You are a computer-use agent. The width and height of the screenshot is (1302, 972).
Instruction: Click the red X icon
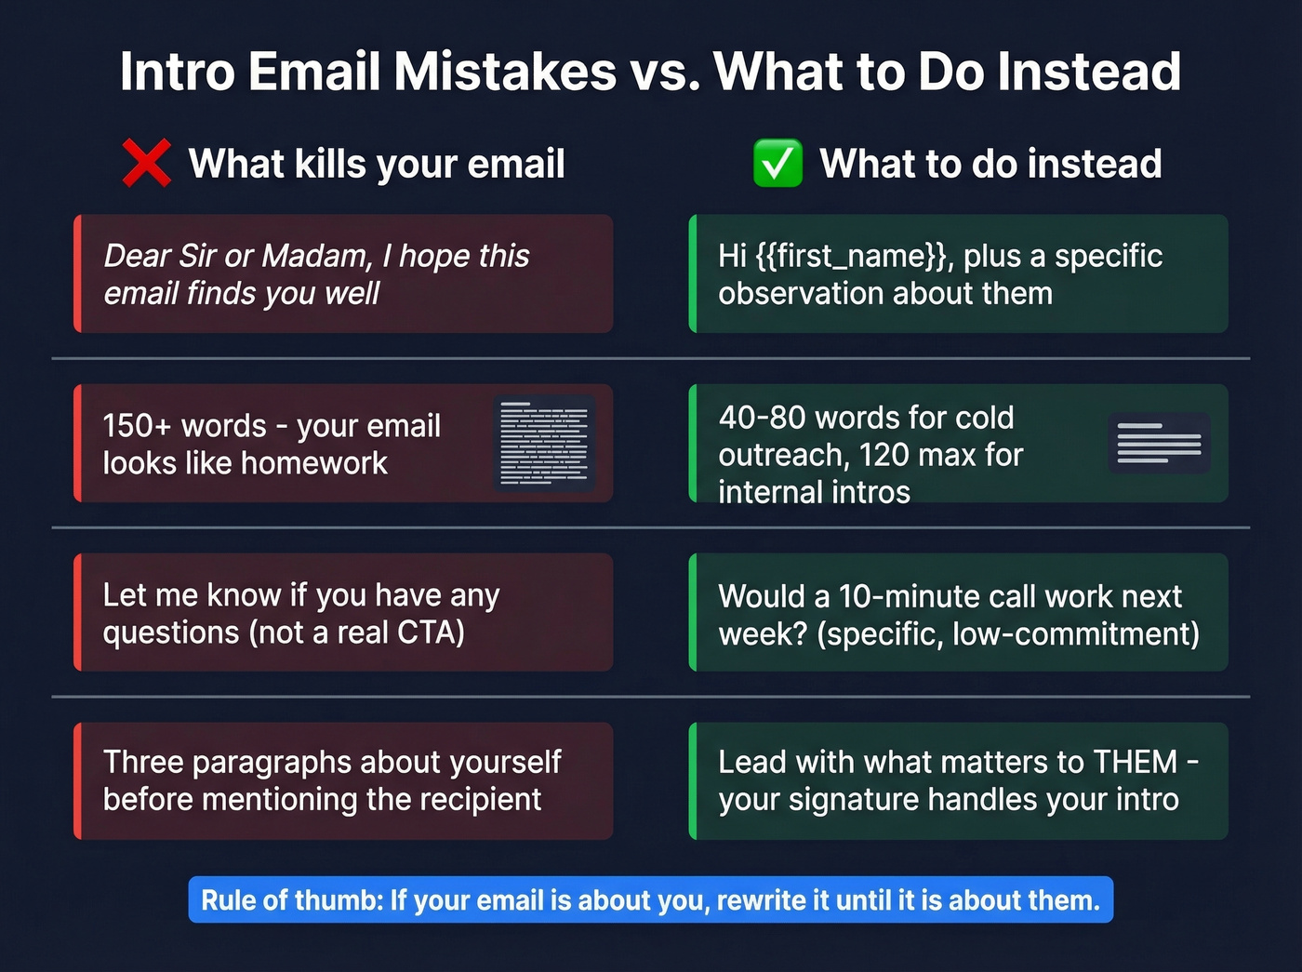pyautogui.click(x=146, y=163)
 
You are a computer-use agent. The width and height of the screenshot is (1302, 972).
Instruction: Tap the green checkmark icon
pyautogui.click(x=777, y=163)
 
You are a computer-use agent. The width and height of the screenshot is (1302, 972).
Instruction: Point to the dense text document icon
pyautogui.click(x=544, y=444)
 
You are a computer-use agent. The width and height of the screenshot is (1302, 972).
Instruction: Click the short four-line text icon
pyautogui.click(x=1159, y=443)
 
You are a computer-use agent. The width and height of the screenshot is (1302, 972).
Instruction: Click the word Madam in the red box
pyautogui.click(x=316, y=256)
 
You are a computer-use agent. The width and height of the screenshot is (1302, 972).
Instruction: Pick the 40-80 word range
pyautogui.click(x=762, y=418)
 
